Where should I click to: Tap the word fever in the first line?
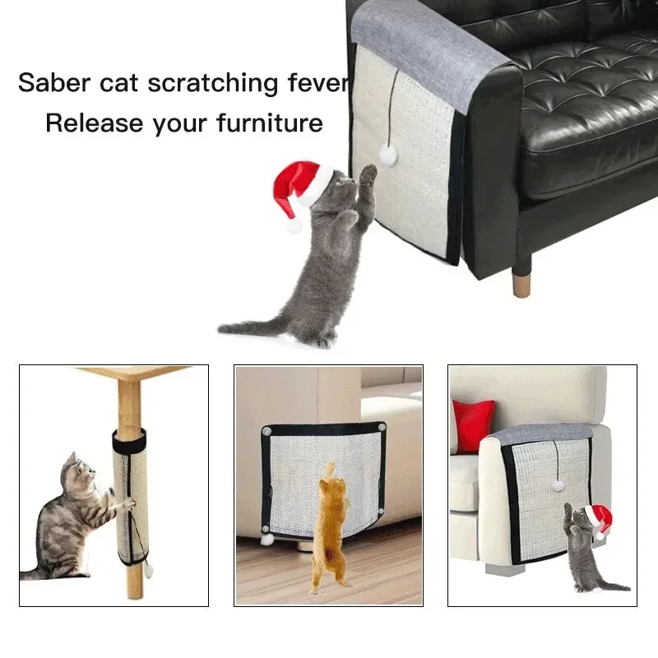coord(317,83)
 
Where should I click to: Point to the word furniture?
coord(270,123)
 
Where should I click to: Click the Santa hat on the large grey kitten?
coord(301,189)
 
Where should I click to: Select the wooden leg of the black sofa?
coord(521,278)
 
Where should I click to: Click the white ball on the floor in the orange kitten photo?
coord(267,540)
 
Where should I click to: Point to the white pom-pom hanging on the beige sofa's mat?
coord(557,486)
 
